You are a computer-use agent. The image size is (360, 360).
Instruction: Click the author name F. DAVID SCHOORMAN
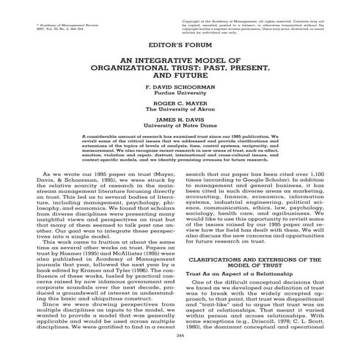click(180, 86)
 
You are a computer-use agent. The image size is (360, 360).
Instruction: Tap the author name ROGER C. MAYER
click(180, 106)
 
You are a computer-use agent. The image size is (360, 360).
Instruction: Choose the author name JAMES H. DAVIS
click(180, 125)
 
